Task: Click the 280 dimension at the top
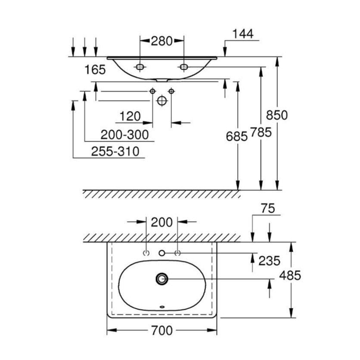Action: [161, 41]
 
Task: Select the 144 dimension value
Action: [243, 34]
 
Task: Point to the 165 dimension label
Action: [95, 70]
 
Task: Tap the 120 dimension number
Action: [130, 116]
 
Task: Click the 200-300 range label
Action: [124, 135]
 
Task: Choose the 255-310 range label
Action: [115, 151]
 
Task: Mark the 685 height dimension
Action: [237, 137]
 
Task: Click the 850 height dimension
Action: [276, 115]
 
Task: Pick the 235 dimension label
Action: [269, 261]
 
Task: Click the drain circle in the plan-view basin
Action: [162, 279]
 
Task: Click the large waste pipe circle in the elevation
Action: [161, 100]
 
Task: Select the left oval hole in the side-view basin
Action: [140, 67]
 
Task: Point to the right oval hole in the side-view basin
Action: [184, 67]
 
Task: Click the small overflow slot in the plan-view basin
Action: [162, 307]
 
